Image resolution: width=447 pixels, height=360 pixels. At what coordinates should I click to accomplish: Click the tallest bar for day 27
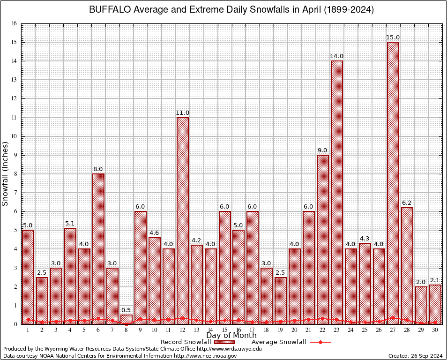393,183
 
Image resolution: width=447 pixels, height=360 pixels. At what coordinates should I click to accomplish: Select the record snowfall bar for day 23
337,192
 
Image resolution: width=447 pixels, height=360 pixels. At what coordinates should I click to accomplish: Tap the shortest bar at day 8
127,319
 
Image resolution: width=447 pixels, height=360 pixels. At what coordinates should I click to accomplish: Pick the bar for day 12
183,220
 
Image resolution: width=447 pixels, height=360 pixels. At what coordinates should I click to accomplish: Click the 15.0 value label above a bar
393,37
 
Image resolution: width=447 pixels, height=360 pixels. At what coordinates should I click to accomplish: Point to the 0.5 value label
127,310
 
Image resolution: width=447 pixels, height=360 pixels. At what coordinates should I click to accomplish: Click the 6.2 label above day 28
407,203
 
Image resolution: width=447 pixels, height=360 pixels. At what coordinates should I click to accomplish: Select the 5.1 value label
70,224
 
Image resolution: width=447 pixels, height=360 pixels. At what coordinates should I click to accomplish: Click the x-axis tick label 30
435,330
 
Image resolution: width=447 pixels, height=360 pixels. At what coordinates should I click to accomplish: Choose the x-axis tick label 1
28,330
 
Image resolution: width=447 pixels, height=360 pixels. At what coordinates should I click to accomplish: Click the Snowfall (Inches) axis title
6,173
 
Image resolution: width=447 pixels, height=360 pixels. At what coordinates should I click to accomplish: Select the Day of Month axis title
231,336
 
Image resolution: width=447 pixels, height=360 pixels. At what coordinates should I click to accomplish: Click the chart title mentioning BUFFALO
231,10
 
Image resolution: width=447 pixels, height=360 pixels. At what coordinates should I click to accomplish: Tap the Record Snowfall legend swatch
225,342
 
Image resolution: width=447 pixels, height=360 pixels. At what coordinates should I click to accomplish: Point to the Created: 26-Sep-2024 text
416,356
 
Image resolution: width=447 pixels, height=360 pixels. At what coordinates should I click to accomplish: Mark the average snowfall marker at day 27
393,318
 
